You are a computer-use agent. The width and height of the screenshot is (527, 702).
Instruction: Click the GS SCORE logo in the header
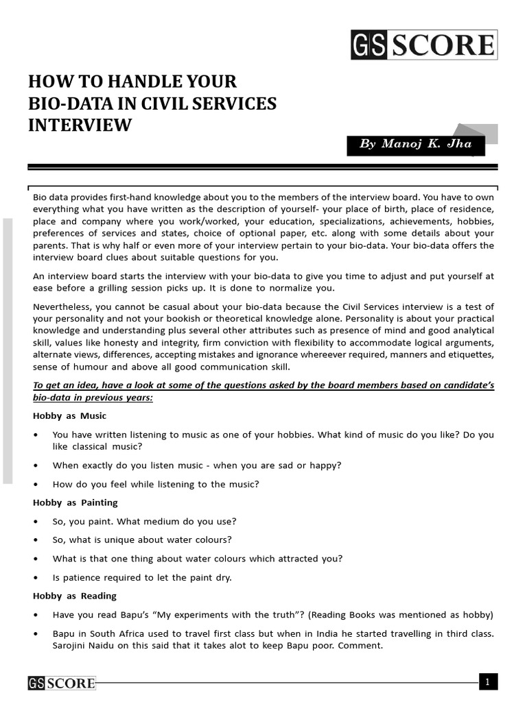423,45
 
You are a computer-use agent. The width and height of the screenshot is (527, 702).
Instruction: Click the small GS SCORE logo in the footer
62,683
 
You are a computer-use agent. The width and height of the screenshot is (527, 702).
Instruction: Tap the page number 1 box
488,681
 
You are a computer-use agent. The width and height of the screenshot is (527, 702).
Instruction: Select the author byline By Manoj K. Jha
415,144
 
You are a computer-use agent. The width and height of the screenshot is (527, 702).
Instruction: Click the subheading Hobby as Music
69,415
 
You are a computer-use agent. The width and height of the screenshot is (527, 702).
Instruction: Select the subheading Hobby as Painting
75,503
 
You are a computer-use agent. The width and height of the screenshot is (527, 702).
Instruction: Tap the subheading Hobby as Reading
75,596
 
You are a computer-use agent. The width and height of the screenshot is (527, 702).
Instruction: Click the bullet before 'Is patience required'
35,577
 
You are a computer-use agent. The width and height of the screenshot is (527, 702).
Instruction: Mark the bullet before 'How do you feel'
35,484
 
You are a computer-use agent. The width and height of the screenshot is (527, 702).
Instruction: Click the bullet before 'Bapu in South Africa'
35,633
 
